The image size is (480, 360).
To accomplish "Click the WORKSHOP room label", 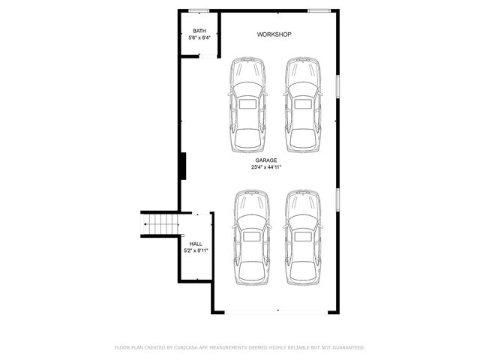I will (x=274, y=34).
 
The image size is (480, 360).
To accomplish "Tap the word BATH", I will (x=199, y=31).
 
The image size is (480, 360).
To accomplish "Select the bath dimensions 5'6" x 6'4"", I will (x=199, y=37).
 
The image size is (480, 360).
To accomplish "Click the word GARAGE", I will (x=265, y=160).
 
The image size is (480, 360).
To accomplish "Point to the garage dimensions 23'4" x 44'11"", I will (x=265, y=167).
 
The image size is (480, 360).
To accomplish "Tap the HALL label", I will (x=196, y=244).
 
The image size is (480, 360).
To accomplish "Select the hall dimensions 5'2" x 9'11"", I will (x=196, y=250).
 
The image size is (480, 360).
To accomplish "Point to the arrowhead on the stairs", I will (x=145, y=223).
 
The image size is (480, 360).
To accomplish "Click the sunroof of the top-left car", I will (x=247, y=105).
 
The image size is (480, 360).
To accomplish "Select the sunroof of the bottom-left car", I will (x=250, y=236).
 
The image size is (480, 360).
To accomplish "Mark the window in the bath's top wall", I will (x=199, y=10).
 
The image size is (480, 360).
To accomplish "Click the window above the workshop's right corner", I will (x=319, y=10).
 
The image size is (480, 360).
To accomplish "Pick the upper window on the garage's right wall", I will (x=337, y=85).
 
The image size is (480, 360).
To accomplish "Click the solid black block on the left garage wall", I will (x=182, y=166).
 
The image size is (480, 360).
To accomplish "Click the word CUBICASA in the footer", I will (x=188, y=348).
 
